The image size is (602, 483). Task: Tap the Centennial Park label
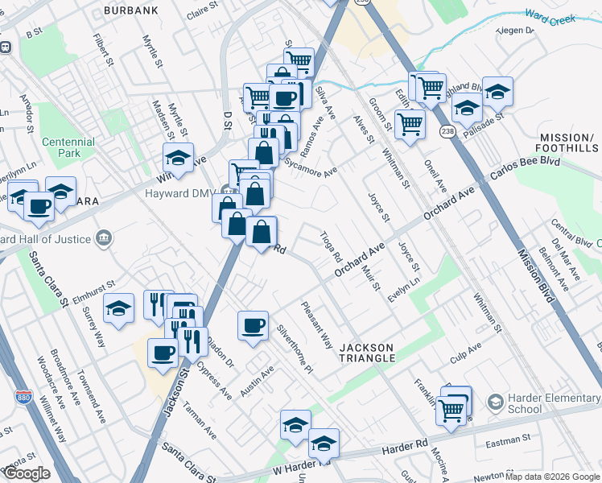pos(68,147)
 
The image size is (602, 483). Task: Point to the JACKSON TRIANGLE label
pos(367,352)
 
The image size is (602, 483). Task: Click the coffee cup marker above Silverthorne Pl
pos(254,326)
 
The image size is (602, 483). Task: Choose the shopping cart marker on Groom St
pos(410,125)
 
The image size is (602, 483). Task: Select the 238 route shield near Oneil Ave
pos(447,130)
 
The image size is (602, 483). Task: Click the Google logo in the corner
pos(26,473)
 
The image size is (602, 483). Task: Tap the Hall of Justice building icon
pos(103,237)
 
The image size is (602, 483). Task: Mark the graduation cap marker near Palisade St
pos(498,92)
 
